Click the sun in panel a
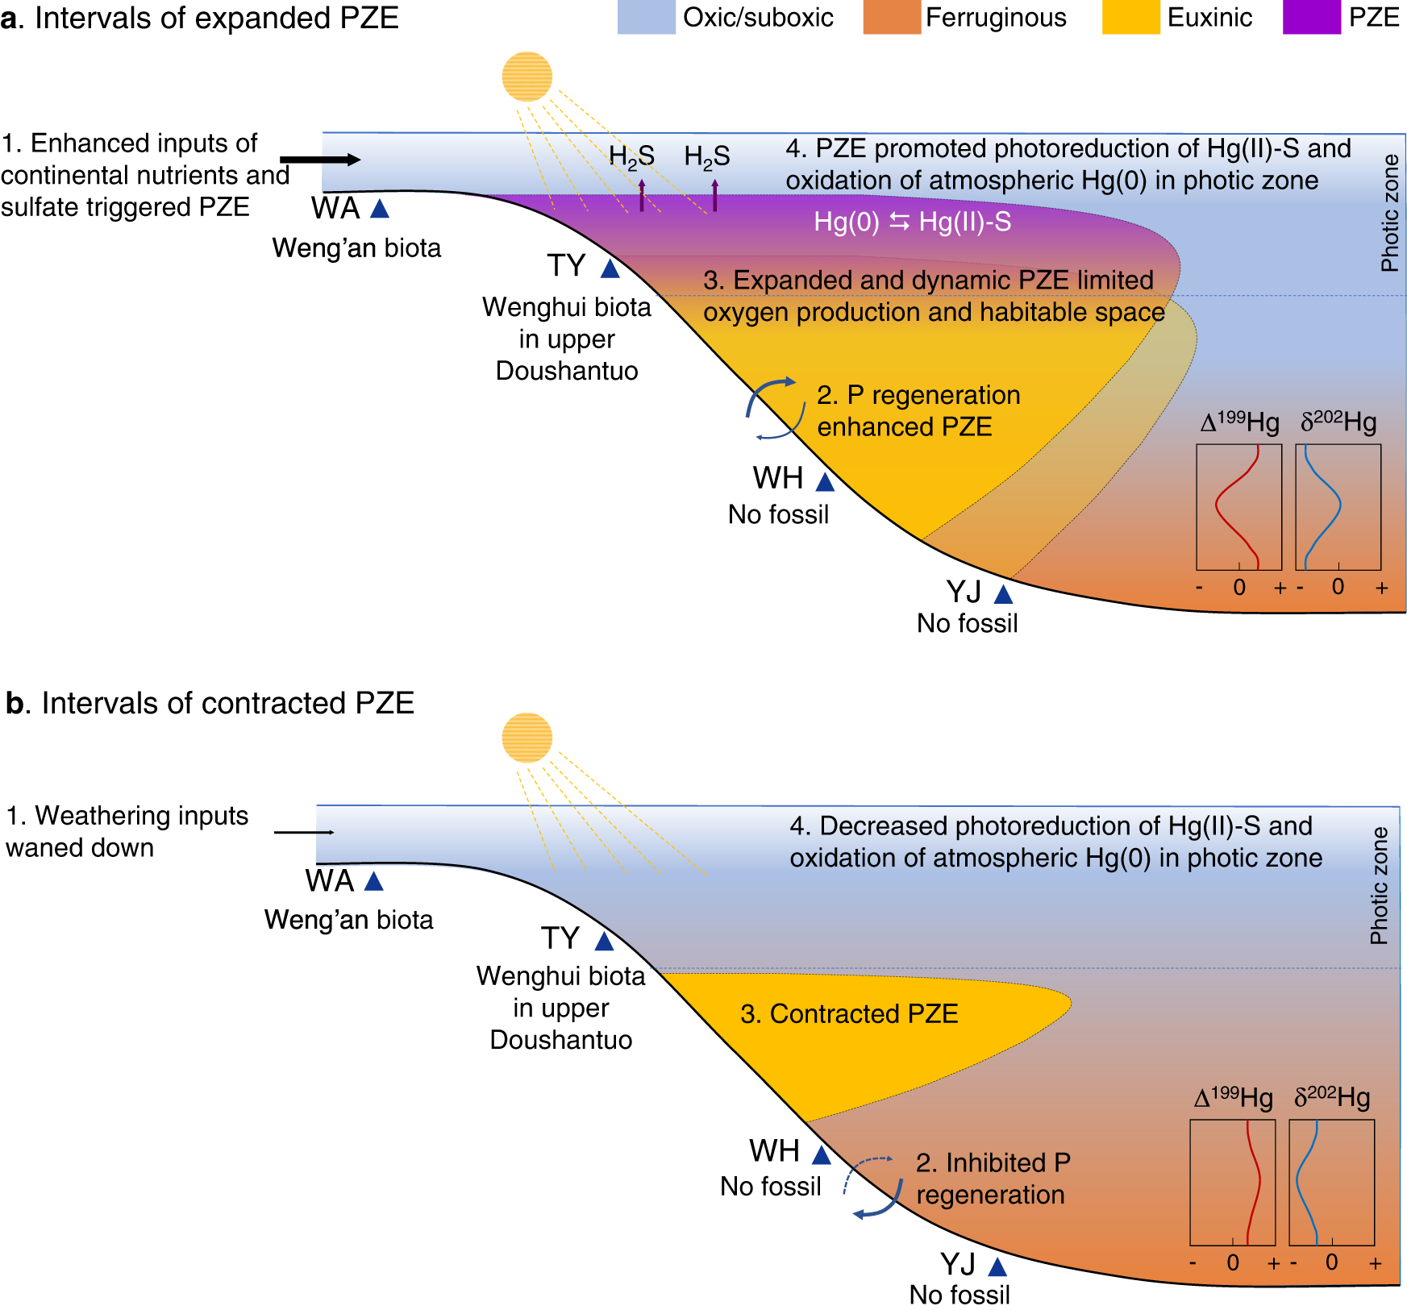coord(527,77)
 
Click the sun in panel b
coord(527,738)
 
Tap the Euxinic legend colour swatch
coord(1130,18)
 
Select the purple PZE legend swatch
coord(1311,18)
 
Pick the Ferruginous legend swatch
coord(891,18)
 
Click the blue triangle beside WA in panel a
coord(380,210)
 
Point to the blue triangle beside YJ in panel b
coord(997,1266)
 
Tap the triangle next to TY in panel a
coord(610,268)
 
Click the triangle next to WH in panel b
coord(822,1156)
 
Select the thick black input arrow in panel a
coord(320,160)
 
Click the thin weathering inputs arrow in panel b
coord(304,832)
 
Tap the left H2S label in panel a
coord(631,156)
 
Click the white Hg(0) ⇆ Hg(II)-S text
coord(912,222)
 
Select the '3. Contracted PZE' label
coord(849,1013)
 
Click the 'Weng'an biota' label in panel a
coord(356,248)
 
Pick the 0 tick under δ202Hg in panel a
coord(1338,587)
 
